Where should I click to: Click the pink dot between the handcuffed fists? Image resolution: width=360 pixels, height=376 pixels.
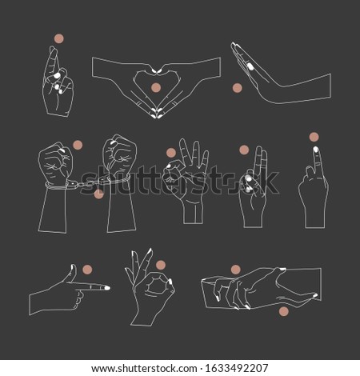[x=78, y=144]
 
